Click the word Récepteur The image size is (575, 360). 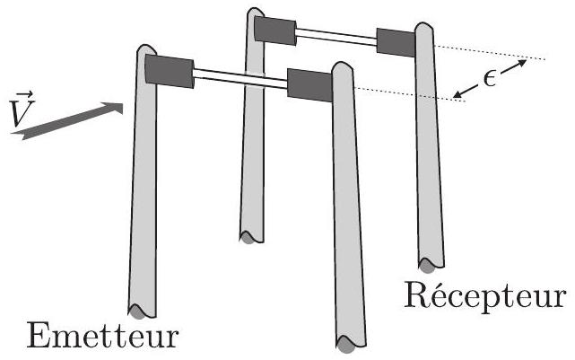pos(484,294)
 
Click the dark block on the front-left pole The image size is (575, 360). pos(169,71)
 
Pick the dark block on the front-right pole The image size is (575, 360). pos(309,83)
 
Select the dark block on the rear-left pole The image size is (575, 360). pos(275,30)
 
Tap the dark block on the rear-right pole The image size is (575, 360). pos(396,41)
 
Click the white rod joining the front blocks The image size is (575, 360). pos(240,77)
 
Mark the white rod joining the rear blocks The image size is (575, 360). pos(336,36)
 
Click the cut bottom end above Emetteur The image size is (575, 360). pos(136,311)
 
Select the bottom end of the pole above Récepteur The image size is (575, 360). pos(429,264)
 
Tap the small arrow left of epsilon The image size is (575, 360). pos(464,89)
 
